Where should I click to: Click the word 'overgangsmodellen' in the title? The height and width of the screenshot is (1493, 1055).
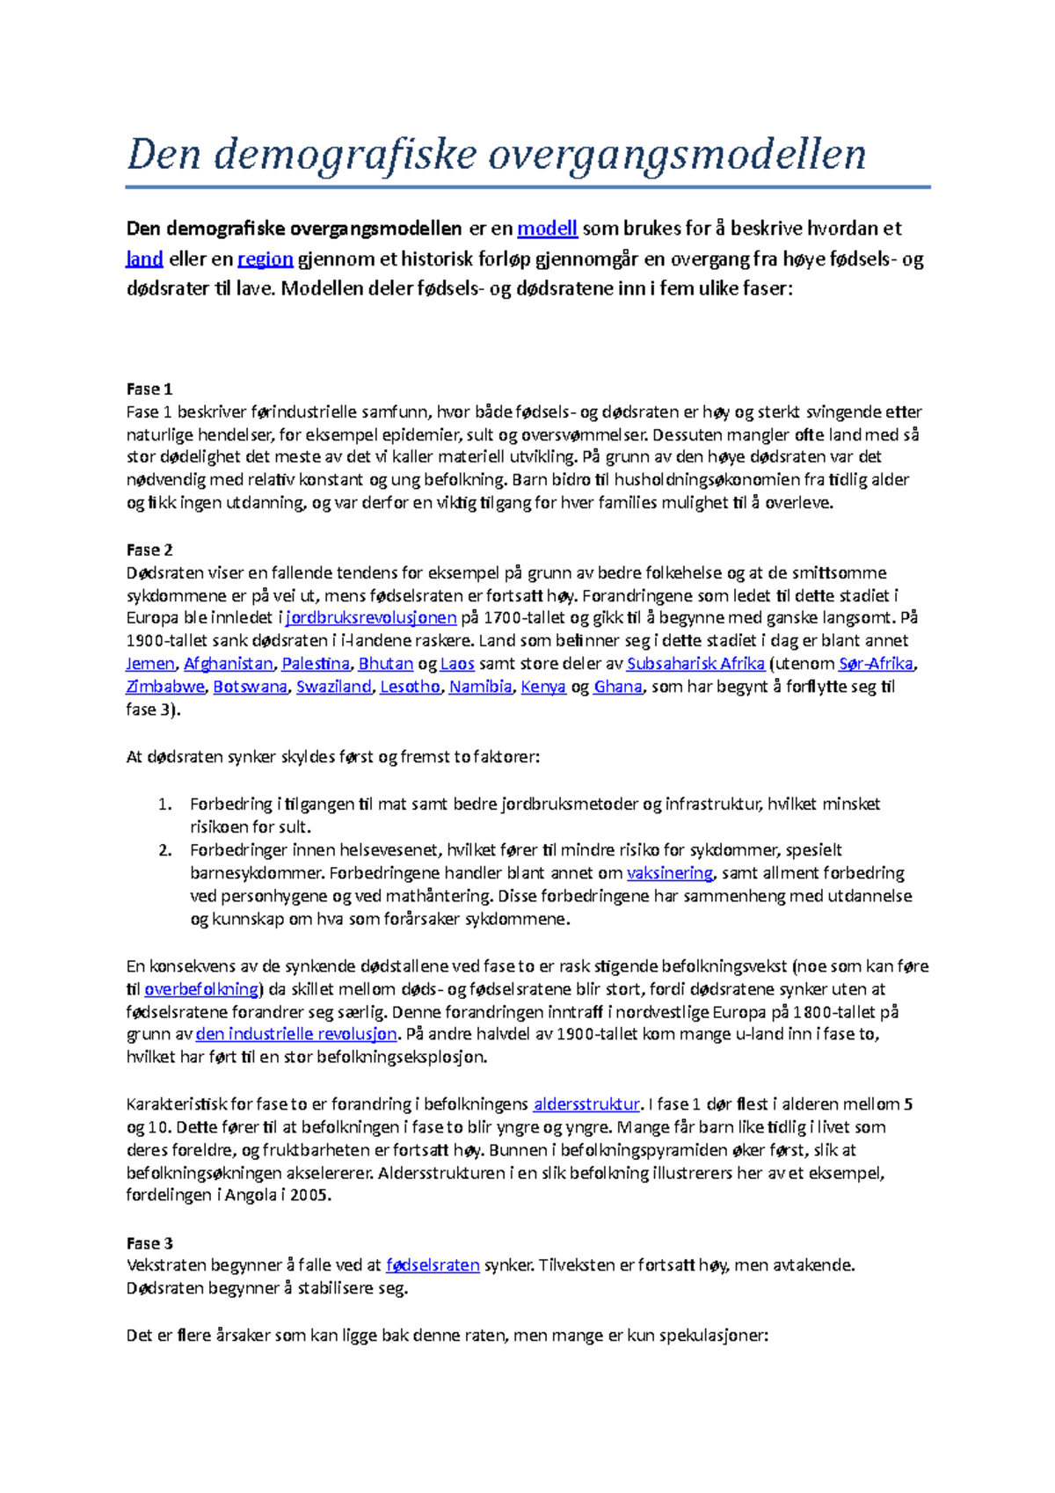pos(677,155)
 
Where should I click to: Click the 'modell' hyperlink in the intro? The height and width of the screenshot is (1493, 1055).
pos(547,229)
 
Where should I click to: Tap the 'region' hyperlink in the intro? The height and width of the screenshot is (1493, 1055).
pos(265,259)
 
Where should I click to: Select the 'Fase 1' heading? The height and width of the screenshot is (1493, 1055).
pos(149,389)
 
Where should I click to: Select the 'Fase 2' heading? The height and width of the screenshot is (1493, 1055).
pos(149,550)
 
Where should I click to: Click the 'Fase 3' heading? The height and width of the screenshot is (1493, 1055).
pos(149,1243)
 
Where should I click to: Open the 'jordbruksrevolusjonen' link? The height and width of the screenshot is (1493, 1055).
pos(371,618)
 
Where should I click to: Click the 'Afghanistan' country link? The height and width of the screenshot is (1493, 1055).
pos(229,664)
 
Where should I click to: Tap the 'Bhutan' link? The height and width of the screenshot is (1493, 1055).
pos(385,664)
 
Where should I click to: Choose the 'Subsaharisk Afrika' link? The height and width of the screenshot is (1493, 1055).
pos(695,664)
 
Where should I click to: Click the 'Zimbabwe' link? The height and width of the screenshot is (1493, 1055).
pos(165,687)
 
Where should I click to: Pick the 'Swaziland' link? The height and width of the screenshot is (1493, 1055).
pos(333,687)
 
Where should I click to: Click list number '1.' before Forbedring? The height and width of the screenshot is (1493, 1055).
pos(165,805)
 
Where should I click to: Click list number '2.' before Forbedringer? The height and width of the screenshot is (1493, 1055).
pos(165,850)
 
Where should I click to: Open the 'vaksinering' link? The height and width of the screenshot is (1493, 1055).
pos(669,873)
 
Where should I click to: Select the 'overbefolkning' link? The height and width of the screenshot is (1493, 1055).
pos(201,989)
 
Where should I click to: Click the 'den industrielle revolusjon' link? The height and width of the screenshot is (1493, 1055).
pos(296,1034)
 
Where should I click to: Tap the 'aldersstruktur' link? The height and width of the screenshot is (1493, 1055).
pos(586,1104)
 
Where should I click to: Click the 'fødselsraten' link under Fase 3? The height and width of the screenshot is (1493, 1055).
pos(433,1265)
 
